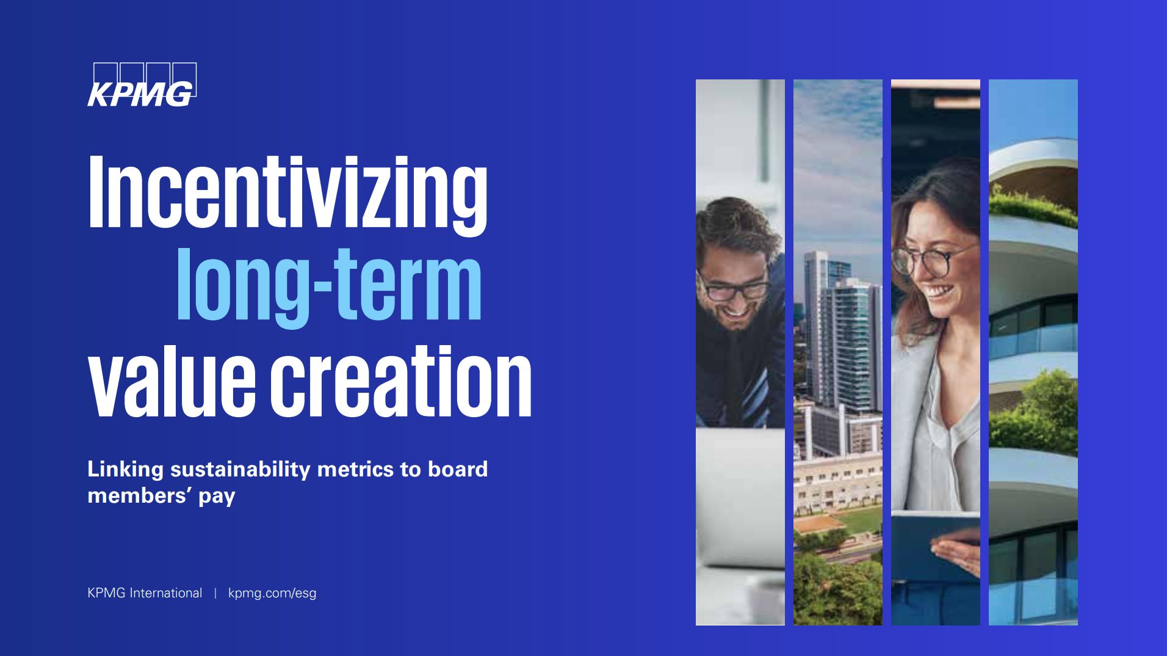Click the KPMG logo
tap(142, 85)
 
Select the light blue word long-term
tap(329, 285)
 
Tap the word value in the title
tap(172, 380)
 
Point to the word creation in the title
tap(401, 380)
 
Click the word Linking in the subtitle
tap(126, 470)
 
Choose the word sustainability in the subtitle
tap(240, 470)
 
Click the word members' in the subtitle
tap(137, 495)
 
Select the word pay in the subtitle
tap(216, 497)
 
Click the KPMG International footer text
tap(145, 593)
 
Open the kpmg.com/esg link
tap(272, 594)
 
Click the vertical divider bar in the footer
tap(215, 593)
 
